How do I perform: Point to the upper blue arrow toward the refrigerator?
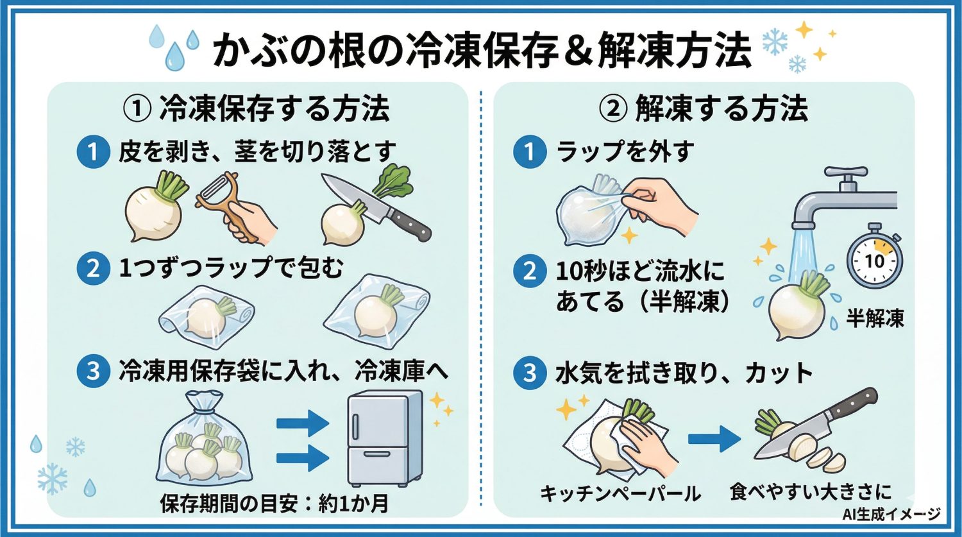pos(302,423)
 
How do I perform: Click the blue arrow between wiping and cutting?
pos(713,439)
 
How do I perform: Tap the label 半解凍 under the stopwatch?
pos(875,318)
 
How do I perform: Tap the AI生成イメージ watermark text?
pos(892,514)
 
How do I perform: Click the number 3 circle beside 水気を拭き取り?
pos(529,373)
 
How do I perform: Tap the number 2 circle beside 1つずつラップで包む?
pos(93,269)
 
